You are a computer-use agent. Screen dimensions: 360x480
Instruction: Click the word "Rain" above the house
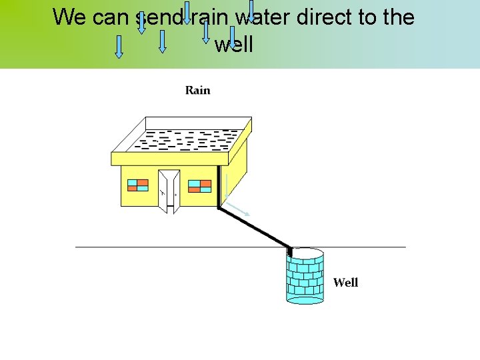coord(197,90)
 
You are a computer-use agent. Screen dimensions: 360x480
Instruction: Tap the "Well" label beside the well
coord(345,283)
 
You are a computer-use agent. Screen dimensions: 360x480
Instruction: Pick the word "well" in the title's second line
coord(233,45)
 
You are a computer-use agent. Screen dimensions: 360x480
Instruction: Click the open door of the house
coord(169,191)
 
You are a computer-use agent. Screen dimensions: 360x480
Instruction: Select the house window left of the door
coord(138,185)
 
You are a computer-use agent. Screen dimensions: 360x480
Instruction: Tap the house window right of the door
coord(199,185)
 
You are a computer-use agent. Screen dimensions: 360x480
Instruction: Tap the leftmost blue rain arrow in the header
coord(119,47)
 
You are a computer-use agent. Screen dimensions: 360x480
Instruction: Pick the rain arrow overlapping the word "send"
coord(141,23)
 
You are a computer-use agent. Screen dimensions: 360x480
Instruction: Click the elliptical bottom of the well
coord(305,299)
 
